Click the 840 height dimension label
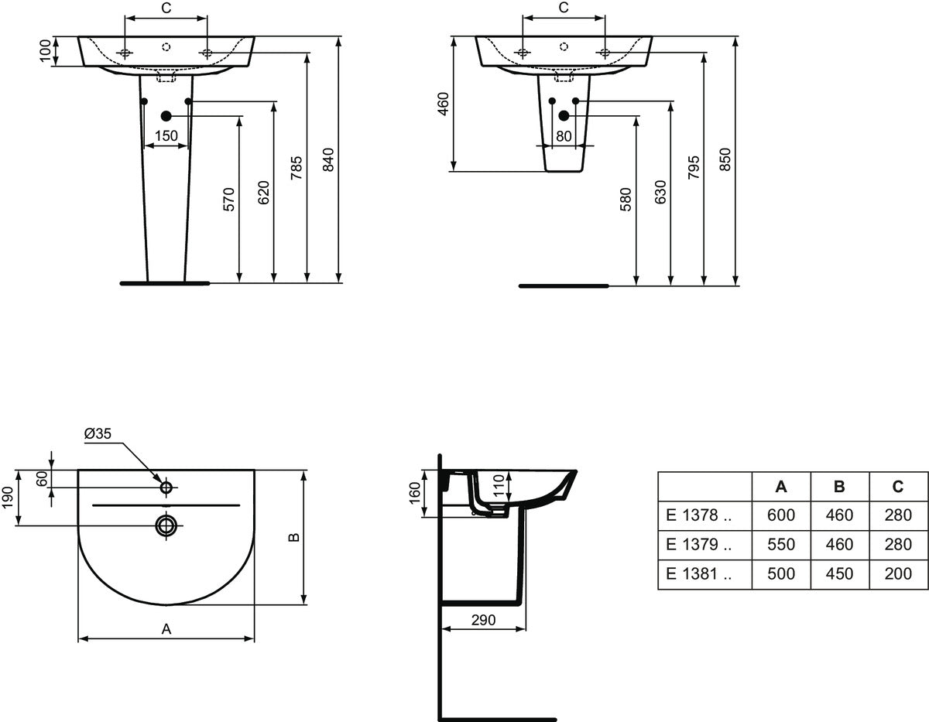[328, 159]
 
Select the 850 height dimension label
[725, 159]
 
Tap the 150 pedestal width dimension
[166, 136]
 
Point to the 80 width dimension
[564, 136]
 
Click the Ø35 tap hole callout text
[98, 433]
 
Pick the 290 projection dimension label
[483, 620]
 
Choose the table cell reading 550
[781, 544]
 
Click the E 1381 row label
[698, 573]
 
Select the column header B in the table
[839, 487]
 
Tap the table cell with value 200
[898, 573]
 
